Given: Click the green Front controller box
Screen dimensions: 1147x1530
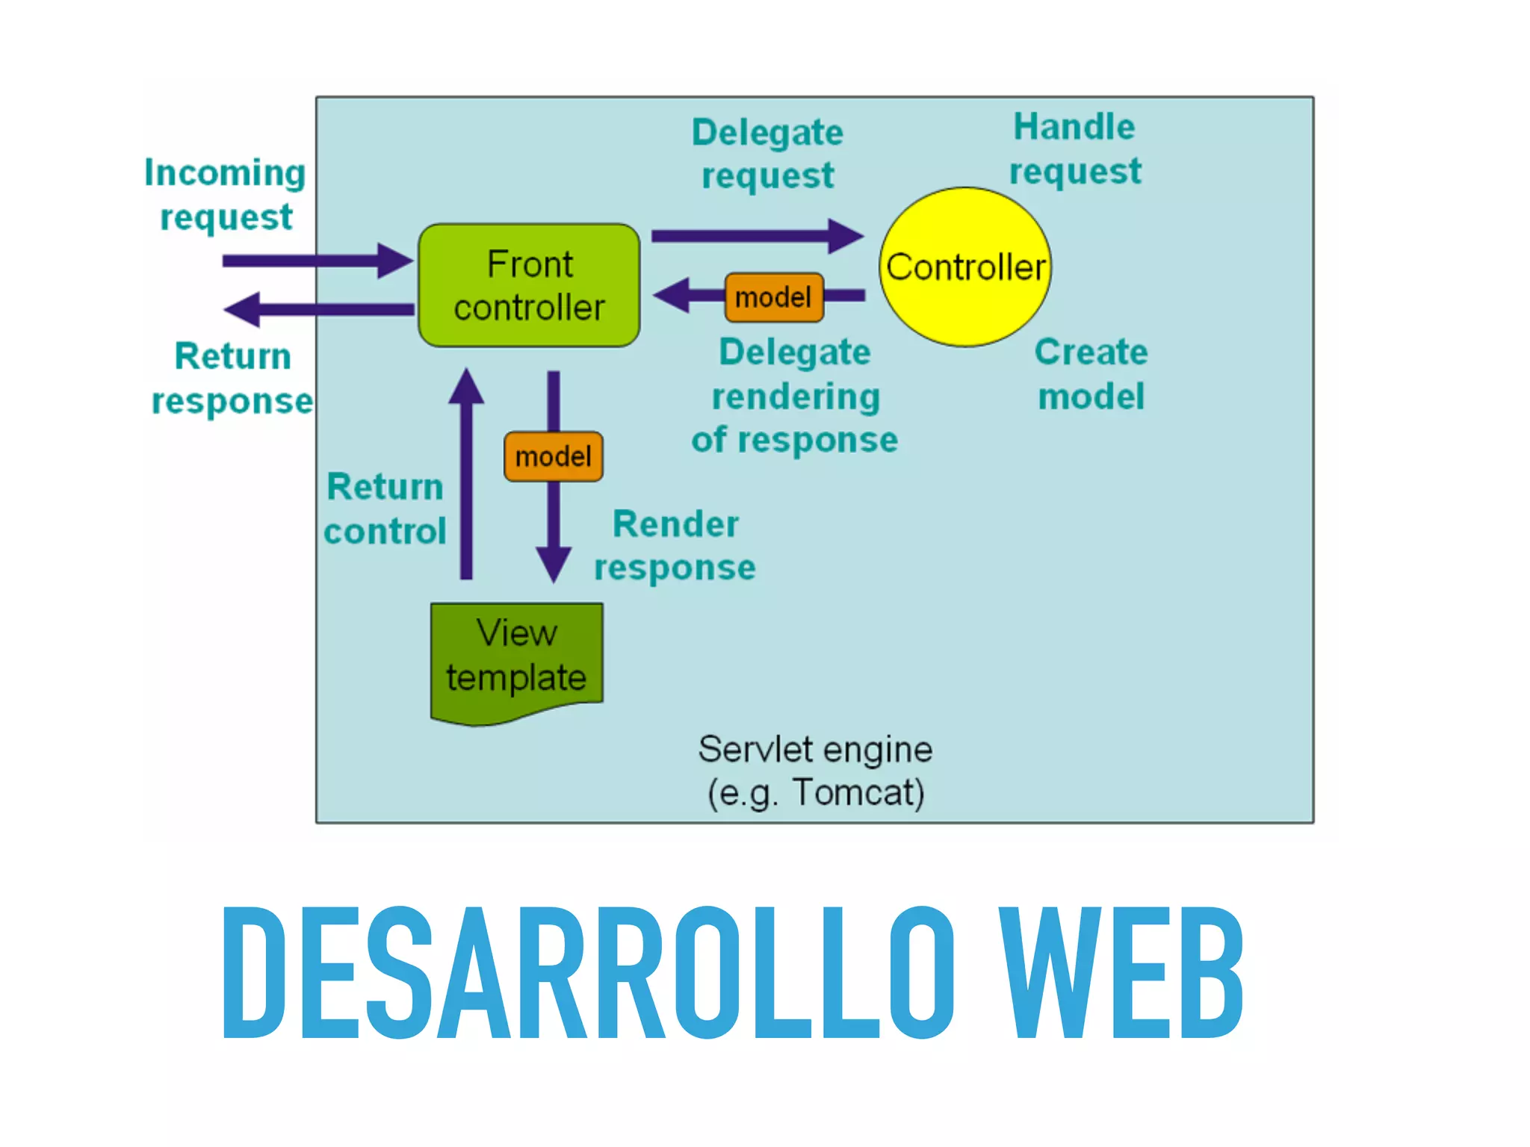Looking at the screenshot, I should click(529, 285).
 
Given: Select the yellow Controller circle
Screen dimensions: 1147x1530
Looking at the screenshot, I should click(965, 267).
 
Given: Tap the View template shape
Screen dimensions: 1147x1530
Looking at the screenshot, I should click(516, 657).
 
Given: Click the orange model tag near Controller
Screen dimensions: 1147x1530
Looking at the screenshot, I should click(774, 297).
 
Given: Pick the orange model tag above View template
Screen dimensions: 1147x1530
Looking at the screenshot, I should click(554, 456).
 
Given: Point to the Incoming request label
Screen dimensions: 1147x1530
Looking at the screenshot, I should click(225, 194).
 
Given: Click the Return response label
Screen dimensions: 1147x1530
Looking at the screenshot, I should click(232, 378).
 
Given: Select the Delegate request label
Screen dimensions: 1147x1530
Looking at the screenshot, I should click(767, 154).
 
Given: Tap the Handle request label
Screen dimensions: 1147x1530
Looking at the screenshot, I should click(1074, 149).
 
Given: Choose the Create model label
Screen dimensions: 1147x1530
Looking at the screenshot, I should click(1091, 373).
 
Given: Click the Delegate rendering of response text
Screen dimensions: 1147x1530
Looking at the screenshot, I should click(795, 396).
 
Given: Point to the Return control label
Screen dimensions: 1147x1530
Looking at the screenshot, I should click(385, 509).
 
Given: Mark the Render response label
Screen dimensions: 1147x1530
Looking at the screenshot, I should click(675, 545).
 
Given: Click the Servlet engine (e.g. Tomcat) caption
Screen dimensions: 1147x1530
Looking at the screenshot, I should click(815, 770).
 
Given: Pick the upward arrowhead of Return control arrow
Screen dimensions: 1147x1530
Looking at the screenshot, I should click(466, 387).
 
